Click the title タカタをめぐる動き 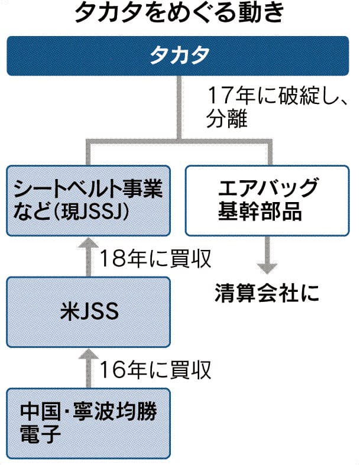(180, 14)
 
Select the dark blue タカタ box (180, 57)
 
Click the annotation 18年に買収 (155, 258)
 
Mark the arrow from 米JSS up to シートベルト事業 (89, 258)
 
